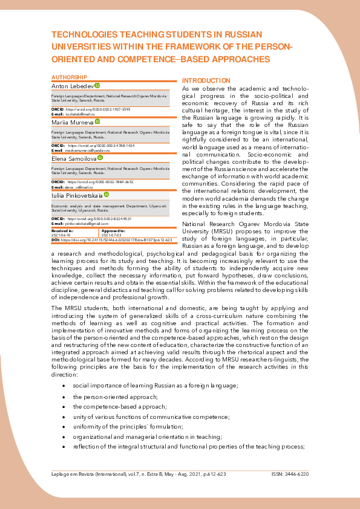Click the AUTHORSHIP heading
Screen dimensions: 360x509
[70, 77]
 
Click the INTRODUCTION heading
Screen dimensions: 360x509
[206, 80]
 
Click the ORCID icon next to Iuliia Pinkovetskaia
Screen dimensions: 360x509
[106, 195]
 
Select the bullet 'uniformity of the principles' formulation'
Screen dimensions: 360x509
[123, 426]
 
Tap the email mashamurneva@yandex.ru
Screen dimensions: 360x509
[88, 151]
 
